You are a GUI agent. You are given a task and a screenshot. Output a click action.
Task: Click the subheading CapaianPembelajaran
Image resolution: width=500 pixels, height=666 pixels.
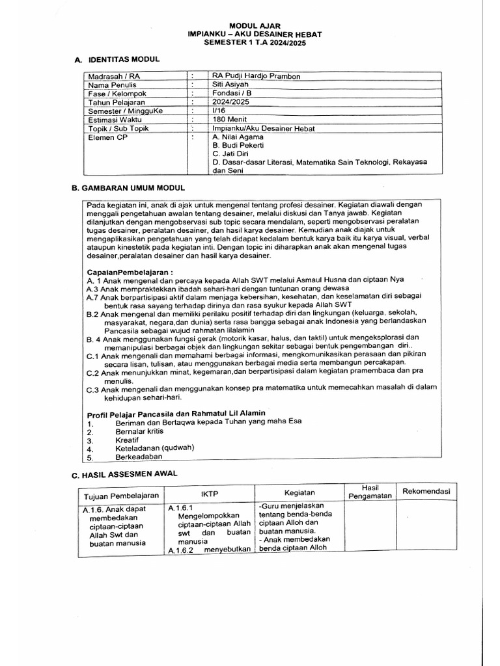click(x=131, y=271)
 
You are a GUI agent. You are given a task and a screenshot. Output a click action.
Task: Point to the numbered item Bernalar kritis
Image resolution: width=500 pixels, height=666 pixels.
click(x=139, y=431)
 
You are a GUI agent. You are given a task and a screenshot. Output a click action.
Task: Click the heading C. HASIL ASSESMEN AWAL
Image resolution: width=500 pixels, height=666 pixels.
click(x=124, y=475)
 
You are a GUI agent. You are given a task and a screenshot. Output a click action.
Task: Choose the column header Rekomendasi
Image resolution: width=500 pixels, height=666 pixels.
click(x=426, y=491)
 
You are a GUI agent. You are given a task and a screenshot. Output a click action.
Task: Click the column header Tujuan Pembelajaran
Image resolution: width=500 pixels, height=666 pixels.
click(x=121, y=496)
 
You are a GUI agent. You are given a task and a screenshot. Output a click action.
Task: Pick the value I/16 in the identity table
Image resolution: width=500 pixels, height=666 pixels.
click(x=219, y=111)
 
